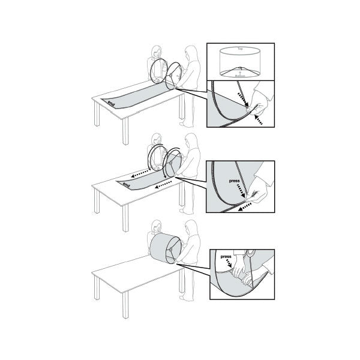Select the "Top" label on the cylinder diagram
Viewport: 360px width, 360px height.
pos(240,47)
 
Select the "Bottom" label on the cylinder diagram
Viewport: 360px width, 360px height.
pos(240,76)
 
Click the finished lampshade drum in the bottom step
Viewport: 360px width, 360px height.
pos(163,249)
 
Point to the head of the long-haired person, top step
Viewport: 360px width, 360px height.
pos(191,53)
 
